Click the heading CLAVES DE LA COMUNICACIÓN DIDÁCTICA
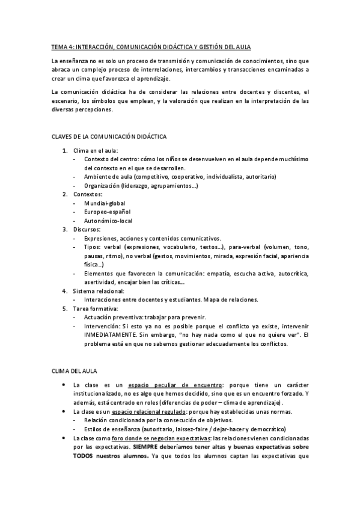click(x=109, y=137)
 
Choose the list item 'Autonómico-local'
click(x=109, y=221)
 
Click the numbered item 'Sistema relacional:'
click(x=98, y=290)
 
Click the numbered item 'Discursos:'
click(x=87, y=229)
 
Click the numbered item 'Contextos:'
click(x=88, y=194)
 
